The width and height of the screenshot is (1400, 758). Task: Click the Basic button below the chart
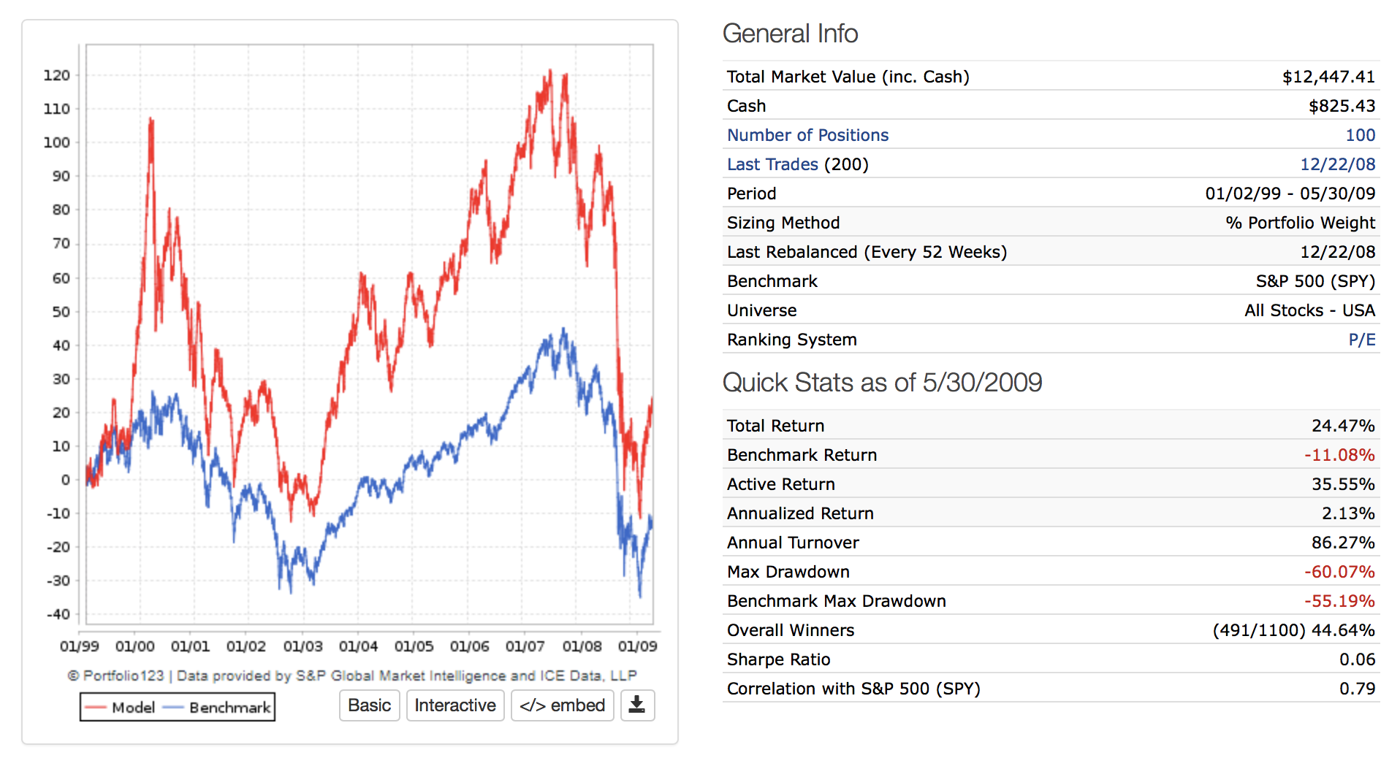(x=369, y=705)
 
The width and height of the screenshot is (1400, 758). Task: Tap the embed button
(x=562, y=705)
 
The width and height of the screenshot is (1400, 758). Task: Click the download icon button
(x=637, y=705)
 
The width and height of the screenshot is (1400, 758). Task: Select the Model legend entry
(x=121, y=707)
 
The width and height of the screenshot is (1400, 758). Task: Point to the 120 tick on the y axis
(x=57, y=75)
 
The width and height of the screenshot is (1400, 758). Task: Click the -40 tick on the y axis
(x=57, y=614)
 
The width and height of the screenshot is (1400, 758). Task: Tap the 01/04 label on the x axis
(x=358, y=646)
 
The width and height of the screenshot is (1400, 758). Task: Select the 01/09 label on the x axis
(x=637, y=646)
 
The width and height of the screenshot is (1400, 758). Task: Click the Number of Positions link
(x=807, y=135)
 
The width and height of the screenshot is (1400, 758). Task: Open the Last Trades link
(x=772, y=164)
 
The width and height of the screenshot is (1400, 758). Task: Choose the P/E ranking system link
(x=1361, y=340)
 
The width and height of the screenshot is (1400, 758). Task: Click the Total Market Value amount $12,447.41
(x=1328, y=77)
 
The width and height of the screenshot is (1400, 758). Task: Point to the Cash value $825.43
(x=1342, y=106)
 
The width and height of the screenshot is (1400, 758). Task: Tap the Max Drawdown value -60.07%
(x=1339, y=572)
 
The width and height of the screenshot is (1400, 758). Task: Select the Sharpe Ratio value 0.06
(x=1357, y=659)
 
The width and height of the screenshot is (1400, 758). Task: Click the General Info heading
(x=790, y=34)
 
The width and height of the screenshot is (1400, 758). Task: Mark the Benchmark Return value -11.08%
(x=1339, y=455)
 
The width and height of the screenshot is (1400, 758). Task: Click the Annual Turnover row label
(x=793, y=543)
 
